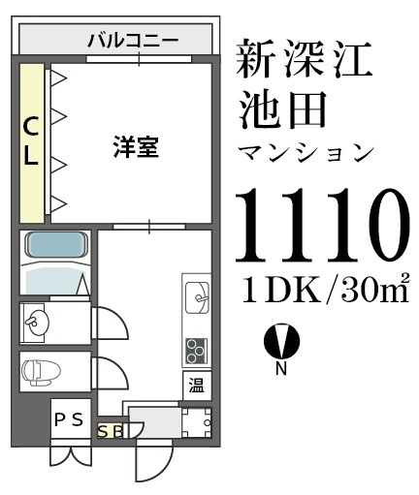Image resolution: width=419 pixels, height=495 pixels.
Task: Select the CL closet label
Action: pyautogui.click(x=32, y=141)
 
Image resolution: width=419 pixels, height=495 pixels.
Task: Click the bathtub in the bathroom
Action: pyautogui.click(x=56, y=249)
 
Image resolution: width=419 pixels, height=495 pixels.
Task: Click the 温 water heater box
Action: pyautogui.click(x=196, y=384)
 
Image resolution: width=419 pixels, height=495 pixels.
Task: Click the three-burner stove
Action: pyautogui.click(x=196, y=348)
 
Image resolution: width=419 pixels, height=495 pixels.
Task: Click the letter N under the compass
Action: pyautogui.click(x=281, y=368)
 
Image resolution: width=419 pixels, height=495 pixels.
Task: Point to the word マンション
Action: pyautogui.click(x=306, y=152)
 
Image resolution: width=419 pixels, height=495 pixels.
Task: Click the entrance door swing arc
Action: pyautogui.click(x=155, y=460)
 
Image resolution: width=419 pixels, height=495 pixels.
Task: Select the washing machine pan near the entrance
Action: pyautogui.click(x=197, y=423)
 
